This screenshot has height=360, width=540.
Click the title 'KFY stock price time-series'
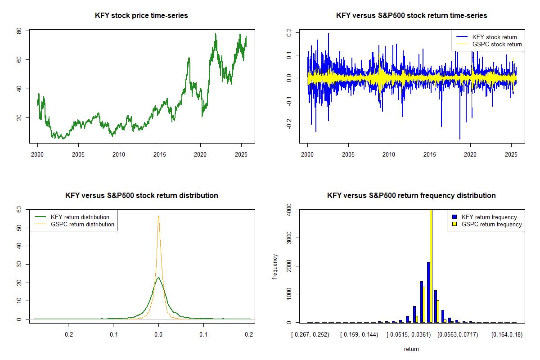click(142, 16)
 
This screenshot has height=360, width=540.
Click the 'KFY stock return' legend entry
click(494, 37)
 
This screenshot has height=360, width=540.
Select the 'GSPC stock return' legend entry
click(497, 44)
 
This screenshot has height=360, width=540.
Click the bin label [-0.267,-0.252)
click(311, 335)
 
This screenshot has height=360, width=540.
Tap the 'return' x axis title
click(411, 349)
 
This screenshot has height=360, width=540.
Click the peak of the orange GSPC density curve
click(158, 216)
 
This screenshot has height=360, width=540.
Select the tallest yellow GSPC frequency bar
click(431, 265)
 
